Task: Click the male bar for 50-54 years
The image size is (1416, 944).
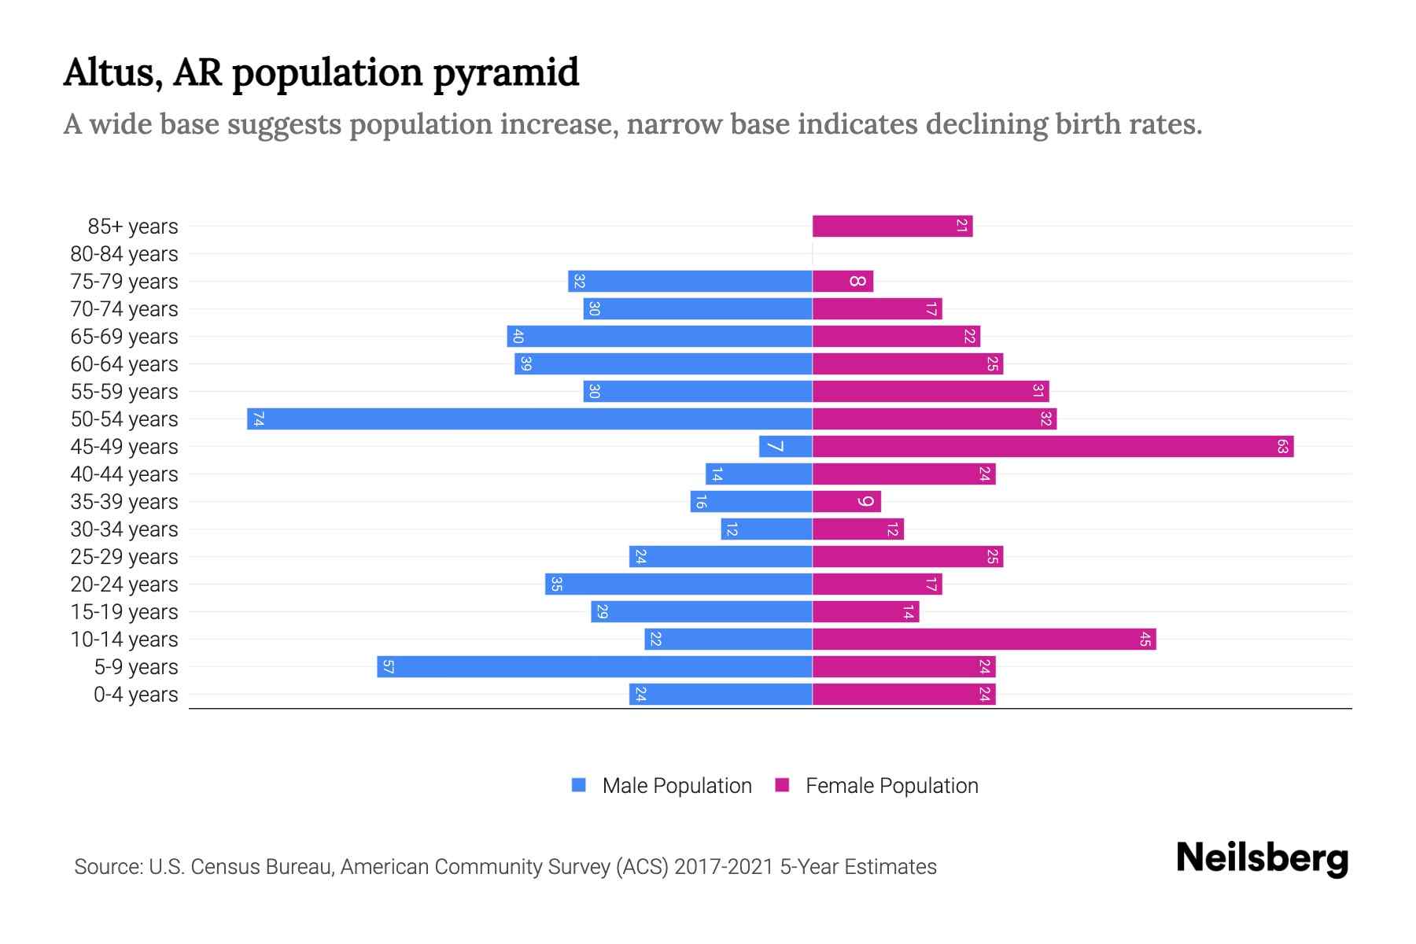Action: point(529,419)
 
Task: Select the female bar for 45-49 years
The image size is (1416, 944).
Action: point(1053,447)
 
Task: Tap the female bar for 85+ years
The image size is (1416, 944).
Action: point(892,227)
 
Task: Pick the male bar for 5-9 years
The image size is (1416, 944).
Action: point(594,667)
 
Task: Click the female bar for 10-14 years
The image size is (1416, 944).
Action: point(983,640)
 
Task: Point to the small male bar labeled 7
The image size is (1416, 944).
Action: point(785,447)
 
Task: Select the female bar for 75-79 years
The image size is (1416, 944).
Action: point(843,282)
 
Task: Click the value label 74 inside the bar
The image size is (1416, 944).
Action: point(258,419)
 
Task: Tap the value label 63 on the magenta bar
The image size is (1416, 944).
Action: point(1282,447)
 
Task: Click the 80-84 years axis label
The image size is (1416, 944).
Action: point(124,254)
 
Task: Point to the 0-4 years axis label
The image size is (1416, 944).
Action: point(135,695)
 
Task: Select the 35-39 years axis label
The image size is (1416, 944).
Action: point(124,502)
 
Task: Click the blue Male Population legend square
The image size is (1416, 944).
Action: point(579,785)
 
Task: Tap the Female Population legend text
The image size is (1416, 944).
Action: point(891,786)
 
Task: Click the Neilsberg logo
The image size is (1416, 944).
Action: point(1262,858)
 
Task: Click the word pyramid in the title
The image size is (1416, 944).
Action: point(506,73)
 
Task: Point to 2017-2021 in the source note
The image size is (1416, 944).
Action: point(724,867)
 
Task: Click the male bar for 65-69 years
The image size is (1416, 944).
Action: point(659,337)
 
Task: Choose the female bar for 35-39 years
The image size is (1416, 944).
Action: point(846,502)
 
